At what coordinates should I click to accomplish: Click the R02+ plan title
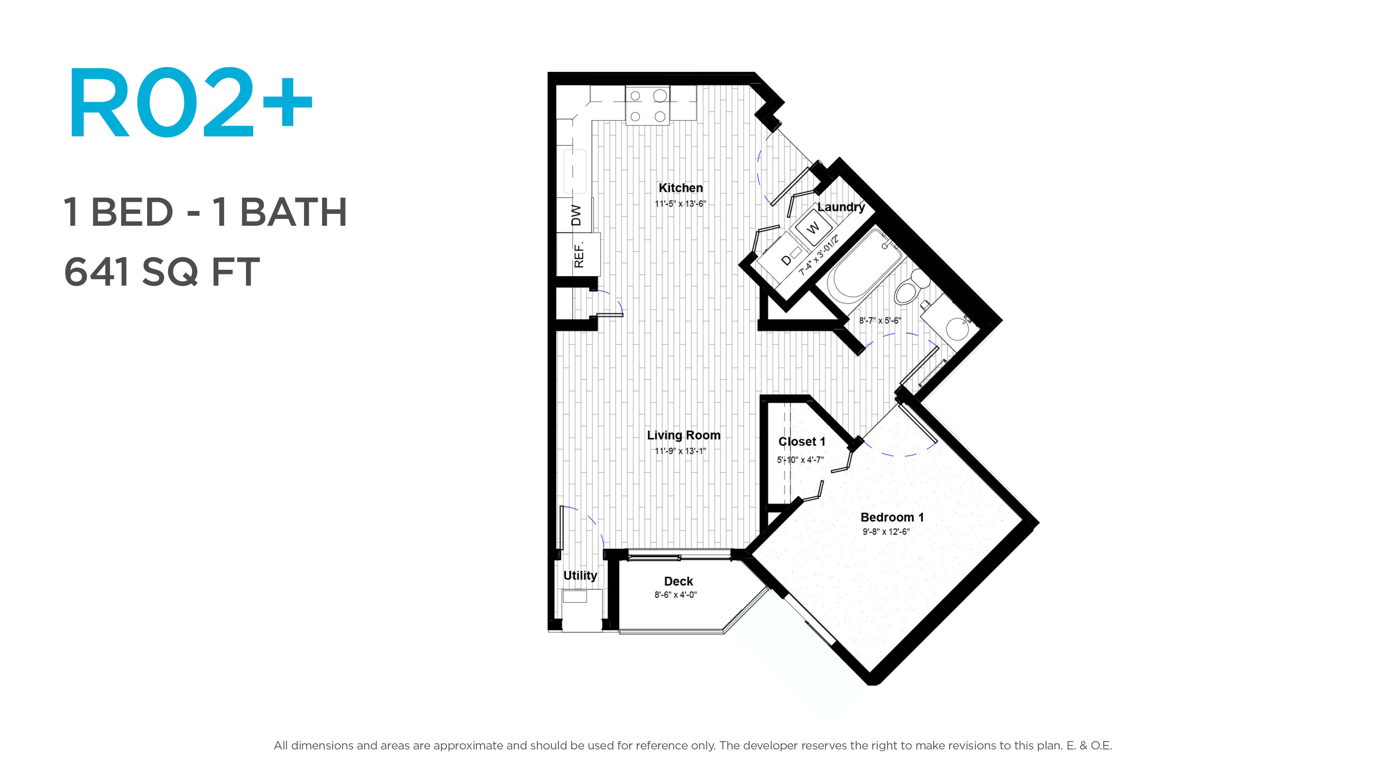[x=190, y=102]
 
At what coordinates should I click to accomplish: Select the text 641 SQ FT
[x=162, y=272]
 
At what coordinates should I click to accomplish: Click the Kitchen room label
[x=681, y=188]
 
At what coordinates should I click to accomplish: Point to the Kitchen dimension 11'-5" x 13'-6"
[x=680, y=204]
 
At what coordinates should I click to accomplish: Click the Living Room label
[x=683, y=435]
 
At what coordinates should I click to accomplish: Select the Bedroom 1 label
[x=892, y=517]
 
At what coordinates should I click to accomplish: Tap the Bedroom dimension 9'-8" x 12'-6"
[x=886, y=532]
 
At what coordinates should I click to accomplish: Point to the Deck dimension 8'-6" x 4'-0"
[x=675, y=595]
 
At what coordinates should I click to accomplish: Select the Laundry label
[x=841, y=207]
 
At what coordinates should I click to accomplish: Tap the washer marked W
[x=813, y=227]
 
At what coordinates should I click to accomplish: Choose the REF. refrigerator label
[x=579, y=255]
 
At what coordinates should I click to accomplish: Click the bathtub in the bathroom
[x=863, y=266]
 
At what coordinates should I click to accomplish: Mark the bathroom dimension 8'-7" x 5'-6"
[x=880, y=320]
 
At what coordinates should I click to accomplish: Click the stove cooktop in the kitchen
[x=647, y=105]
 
